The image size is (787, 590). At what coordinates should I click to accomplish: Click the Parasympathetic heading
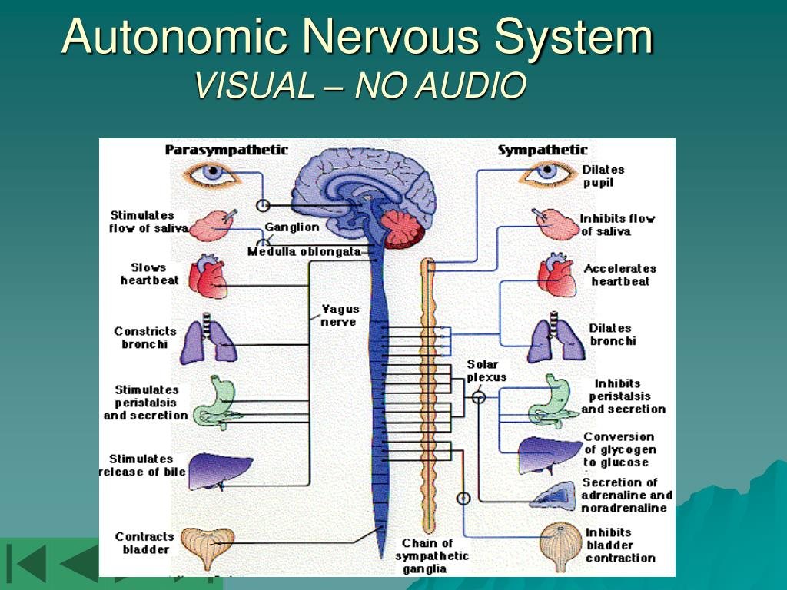[x=226, y=150]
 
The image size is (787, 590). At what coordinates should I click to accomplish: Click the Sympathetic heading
[x=542, y=150]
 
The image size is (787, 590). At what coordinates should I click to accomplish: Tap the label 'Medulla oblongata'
[x=304, y=252]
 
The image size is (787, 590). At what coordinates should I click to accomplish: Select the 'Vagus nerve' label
[x=339, y=316]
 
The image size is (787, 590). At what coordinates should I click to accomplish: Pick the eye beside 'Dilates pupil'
[x=546, y=172]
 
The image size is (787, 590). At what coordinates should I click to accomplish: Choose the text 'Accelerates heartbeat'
[x=619, y=275]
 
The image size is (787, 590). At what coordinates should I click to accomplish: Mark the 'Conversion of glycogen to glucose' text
[x=619, y=449]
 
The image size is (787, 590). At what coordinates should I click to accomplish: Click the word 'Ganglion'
[x=292, y=227]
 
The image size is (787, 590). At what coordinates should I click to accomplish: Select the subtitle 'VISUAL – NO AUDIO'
[x=361, y=85]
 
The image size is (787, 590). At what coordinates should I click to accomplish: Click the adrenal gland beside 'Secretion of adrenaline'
[x=554, y=496]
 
